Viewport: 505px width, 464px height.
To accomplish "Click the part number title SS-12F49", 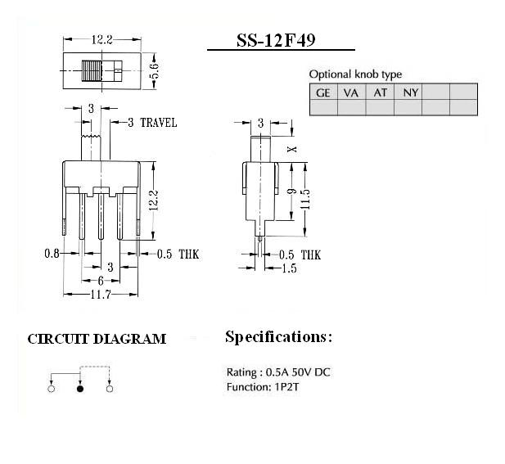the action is pos(276,40).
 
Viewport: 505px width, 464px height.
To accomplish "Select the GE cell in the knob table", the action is pos(323,92).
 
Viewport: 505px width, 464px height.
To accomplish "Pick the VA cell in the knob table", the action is pos(351,92).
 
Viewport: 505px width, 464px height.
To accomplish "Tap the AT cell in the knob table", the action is pos(380,92).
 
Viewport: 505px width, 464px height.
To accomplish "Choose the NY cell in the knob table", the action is pos(408,92).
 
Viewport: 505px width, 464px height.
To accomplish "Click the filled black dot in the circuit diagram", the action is pos(80,389).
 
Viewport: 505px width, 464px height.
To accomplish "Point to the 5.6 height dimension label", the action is pos(155,71).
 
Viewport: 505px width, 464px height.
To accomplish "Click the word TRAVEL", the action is pos(159,123).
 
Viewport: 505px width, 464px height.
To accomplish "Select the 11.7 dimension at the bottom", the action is pos(101,294).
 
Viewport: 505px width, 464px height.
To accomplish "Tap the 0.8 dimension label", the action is pos(52,254).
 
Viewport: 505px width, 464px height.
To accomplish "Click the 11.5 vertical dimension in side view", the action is pos(305,199).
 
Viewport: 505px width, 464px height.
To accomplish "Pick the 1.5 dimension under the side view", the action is pos(289,268).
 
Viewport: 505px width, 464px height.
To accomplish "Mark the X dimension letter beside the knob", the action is pos(292,149).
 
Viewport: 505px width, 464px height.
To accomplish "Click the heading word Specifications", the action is pos(278,337).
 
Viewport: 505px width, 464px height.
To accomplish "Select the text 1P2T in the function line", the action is pos(286,386).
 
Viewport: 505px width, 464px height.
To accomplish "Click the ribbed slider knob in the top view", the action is pos(92,71).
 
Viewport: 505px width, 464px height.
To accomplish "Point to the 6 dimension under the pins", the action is pos(101,281).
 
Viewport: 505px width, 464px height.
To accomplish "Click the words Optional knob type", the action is pos(355,74).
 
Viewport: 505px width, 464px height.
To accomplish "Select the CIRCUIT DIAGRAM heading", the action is pos(97,339).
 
